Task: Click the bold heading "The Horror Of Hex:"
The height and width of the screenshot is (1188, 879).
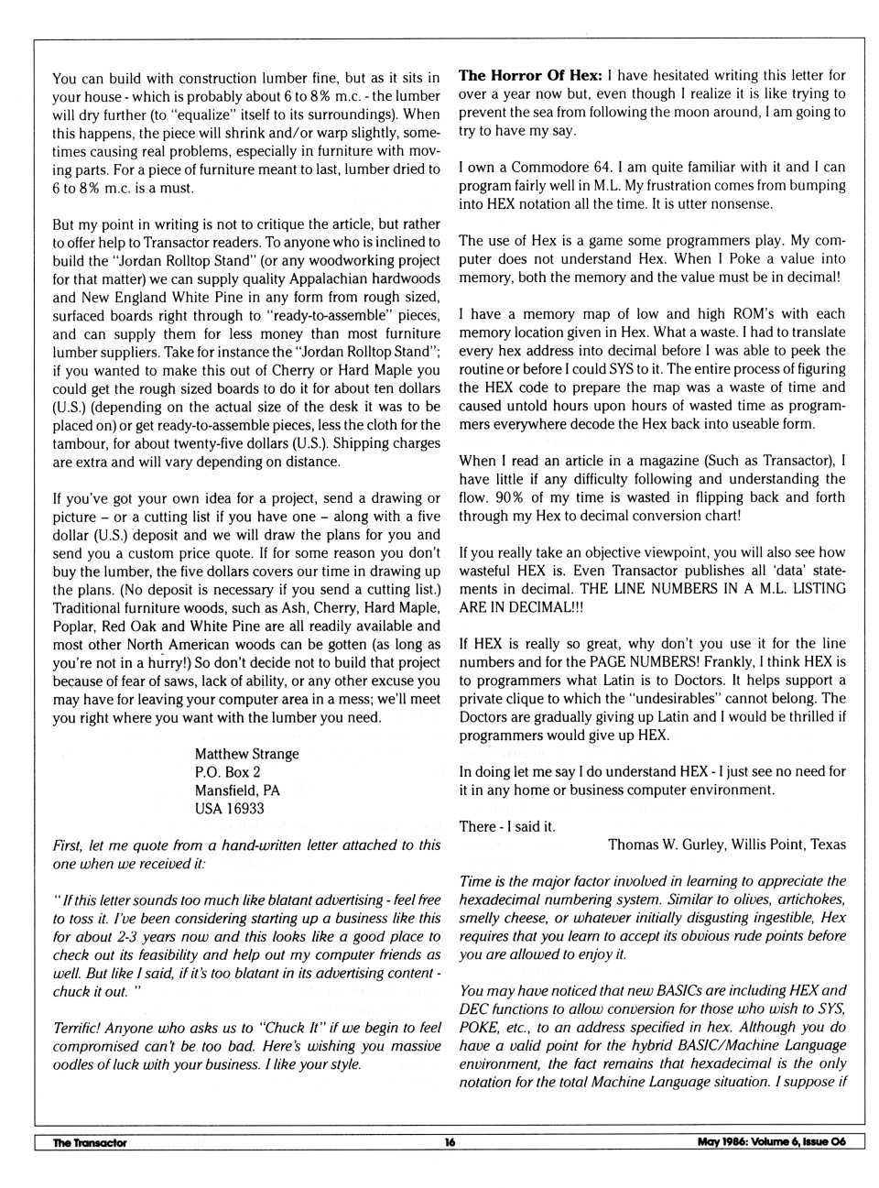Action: pyautogui.click(x=530, y=75)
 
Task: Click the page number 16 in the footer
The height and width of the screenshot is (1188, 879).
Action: pyautogui.click(x=450, y=1142)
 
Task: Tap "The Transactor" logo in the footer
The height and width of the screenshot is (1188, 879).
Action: pyautogui.click(x=90, y=1142)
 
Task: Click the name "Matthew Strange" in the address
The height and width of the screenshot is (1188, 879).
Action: pyautogui.click(x=246, y=754)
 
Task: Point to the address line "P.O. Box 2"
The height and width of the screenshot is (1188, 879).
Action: pyautogui.click(x=227, y=772)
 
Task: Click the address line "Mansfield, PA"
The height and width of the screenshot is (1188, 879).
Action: pyautogui.click(x=237, y=790)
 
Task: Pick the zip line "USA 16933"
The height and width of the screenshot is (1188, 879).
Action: pyautogui.click(x=229, y=809)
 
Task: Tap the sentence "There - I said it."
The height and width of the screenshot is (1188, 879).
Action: pyautogui.click(x=507, y=826)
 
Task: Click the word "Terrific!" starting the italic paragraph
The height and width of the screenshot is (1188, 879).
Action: pyautogui.click(x=78, y=1028)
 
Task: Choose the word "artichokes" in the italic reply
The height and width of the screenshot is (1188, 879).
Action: pyautogui.click(x=808, y=899)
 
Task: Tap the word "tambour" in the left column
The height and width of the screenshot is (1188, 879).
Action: pyautogui.click(x=79, y=443)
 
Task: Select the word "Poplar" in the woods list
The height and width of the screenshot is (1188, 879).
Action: pyautogui.click(x=73, y=626)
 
